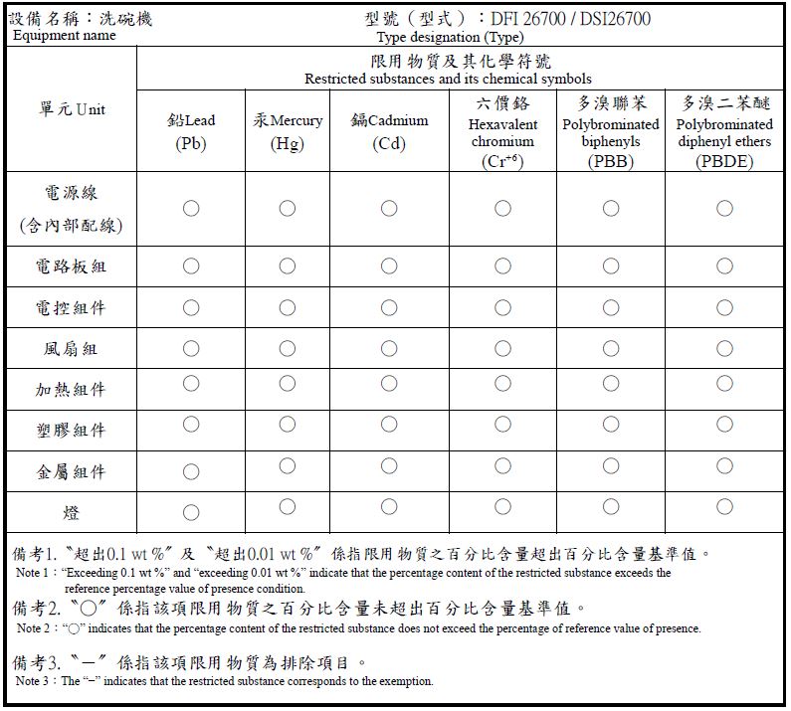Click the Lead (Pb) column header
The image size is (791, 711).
pos(190,131)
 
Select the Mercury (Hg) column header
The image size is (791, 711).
pos(288,131)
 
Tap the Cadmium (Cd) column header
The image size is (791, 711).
pos(389,131)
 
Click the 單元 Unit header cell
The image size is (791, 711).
pos(71,109)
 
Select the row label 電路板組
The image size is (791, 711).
pos(71,267)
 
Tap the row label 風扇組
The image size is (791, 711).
pos(71,349)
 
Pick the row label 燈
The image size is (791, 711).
pos(71,513)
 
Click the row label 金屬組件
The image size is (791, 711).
pos(71,471)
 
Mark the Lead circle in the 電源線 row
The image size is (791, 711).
pos(191,208)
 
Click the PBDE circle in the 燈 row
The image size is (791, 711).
pos(724,507)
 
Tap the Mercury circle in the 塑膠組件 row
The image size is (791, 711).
pos(288,425)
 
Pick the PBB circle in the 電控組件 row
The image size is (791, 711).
pos(610,307)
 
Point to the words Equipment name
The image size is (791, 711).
pos(64,36)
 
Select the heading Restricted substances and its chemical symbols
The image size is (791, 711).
pos(448,79)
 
